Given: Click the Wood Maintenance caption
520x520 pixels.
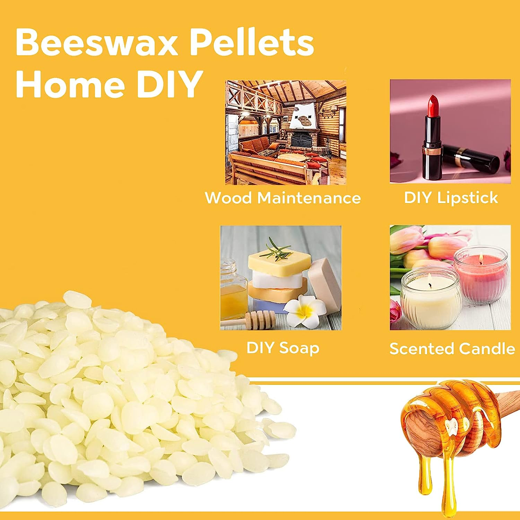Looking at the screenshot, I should (283, 198).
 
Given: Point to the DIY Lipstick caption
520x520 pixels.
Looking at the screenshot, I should (451, 198).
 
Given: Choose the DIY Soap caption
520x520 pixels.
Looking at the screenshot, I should (283, 348).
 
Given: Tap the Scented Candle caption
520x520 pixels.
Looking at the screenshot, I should (452, 348).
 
